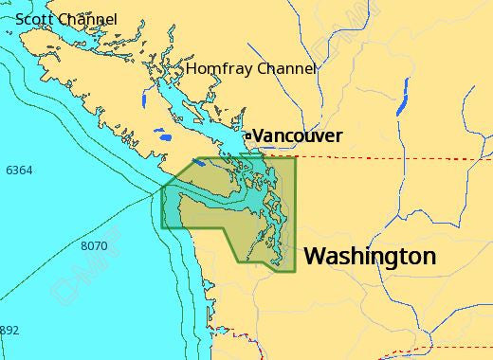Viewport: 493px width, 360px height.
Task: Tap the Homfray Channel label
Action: [x=250, y=69]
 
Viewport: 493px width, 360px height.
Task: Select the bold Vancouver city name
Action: [x=298, y=136]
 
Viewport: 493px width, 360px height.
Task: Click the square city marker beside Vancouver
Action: [x=248, y=136]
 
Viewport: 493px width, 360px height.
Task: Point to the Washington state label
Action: [x=370, y=256]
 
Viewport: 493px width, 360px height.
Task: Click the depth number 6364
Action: [x=18, y=171]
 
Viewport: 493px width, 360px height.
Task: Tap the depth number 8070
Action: [x=94, y=246]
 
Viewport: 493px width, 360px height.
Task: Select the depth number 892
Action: [x=9, y=331]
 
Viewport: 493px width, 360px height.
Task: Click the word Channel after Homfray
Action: [x=284, y=69]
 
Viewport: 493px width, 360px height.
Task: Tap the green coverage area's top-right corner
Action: [x=296, y=157]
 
